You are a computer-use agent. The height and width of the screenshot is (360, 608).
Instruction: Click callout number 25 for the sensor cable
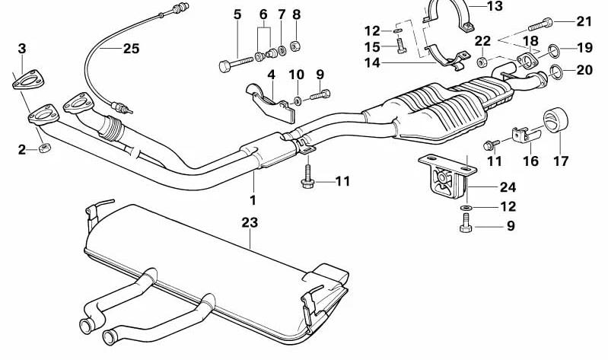[131, 49]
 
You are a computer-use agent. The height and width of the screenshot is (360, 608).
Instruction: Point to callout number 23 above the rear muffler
[250, 222]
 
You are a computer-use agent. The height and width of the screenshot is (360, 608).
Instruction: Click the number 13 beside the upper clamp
[495, 7]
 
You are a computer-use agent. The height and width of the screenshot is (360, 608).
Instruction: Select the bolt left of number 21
[552, 22]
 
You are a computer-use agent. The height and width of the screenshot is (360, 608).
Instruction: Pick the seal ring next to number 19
[555, 52]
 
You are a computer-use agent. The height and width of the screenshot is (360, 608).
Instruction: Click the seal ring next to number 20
[555, 72]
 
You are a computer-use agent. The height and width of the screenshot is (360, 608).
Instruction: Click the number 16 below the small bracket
[530, 161]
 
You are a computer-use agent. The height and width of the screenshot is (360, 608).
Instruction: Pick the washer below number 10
[296, 99]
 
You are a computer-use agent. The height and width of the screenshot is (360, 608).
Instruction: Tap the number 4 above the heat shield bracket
[269, 75]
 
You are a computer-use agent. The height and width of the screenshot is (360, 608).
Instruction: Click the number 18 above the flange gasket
[530, 40]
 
